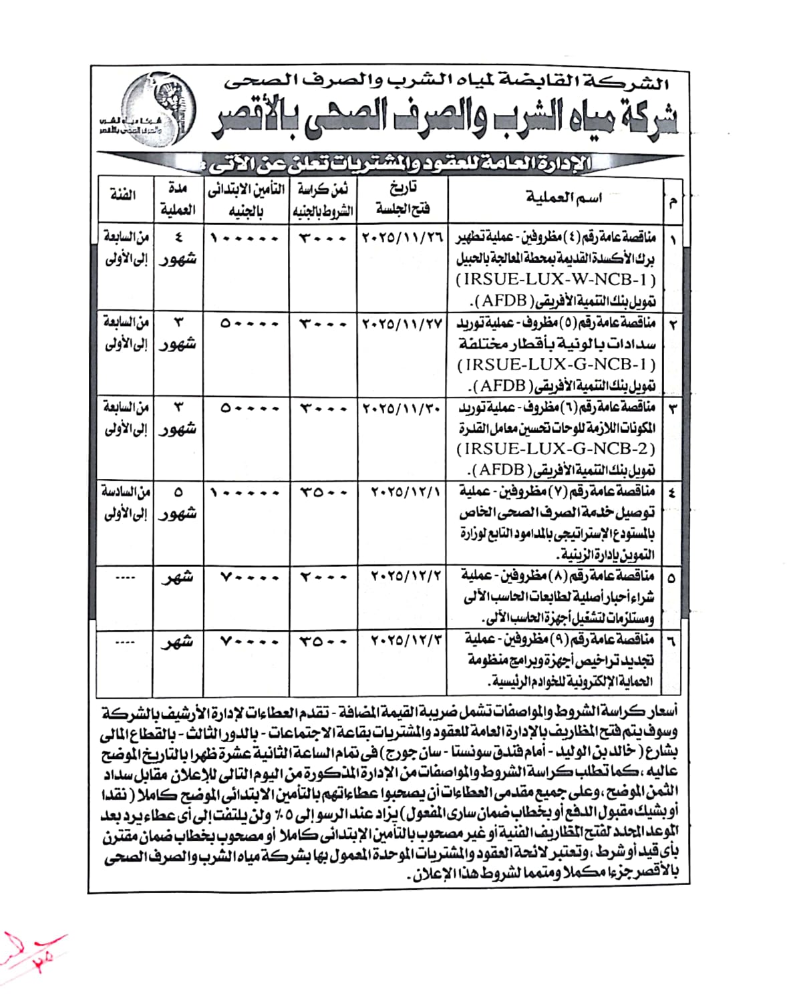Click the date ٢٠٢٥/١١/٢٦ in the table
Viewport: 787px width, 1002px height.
coord(402,238)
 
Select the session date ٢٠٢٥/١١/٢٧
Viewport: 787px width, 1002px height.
coord(402,323)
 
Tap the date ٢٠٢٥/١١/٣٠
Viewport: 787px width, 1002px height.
coord(402,407)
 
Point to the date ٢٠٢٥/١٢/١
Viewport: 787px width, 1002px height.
coord(406,492)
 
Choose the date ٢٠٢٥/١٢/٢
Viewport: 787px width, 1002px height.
coord(406,576)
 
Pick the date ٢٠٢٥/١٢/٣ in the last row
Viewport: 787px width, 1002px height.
coord(406,640)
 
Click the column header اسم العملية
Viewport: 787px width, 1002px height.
coord(563,198)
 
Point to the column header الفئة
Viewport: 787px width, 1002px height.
coord(124,195)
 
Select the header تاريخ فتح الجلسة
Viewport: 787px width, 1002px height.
coord(402,198)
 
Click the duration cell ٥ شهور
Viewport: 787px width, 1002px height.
coord(178,503)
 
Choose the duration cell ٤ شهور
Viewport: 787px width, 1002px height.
coord(178,248)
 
